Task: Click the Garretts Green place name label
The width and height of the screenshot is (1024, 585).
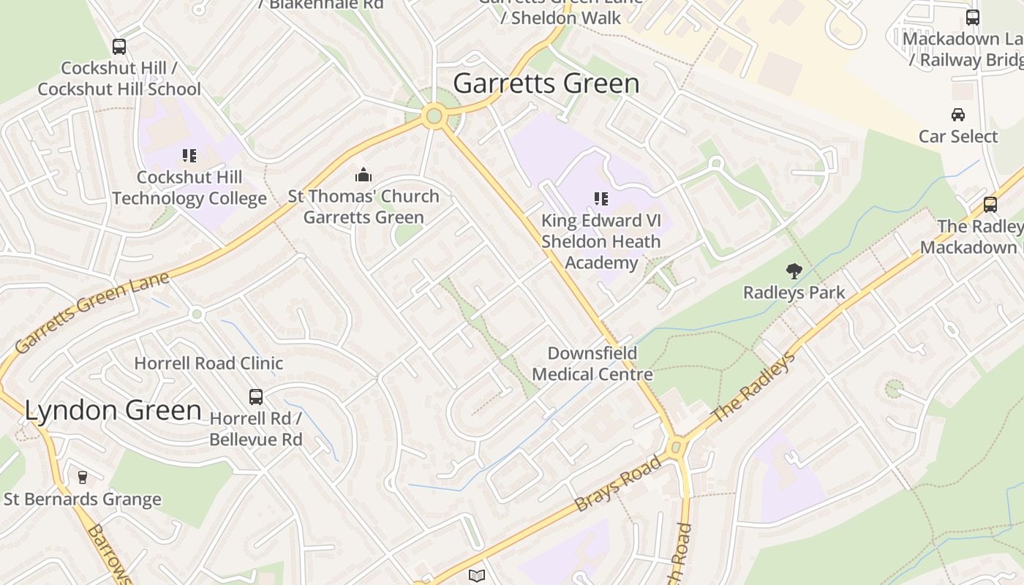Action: (546, 83)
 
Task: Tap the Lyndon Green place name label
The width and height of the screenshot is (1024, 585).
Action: (113, 410)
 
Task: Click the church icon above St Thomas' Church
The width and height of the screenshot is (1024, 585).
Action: (364, 175)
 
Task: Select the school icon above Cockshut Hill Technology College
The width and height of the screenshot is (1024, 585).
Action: (189, 156)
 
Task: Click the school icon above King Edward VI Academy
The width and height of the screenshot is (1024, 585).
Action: (601, 199)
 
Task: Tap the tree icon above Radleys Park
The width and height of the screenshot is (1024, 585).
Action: (794, 271)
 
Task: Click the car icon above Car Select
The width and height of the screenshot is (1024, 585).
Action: (957, 115)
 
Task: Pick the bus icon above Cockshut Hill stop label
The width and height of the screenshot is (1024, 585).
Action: (119, 47)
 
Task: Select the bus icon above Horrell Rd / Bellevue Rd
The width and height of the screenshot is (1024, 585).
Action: (256, 397)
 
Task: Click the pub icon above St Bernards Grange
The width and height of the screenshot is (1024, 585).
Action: (82, 478)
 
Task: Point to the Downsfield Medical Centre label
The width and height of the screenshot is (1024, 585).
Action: (592, 364)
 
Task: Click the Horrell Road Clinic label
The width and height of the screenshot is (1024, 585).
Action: (208, 363)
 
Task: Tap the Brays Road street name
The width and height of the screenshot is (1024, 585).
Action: (618, 484)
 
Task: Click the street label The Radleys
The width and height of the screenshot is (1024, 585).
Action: (753, 388)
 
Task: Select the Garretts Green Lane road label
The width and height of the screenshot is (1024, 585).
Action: (92, 312)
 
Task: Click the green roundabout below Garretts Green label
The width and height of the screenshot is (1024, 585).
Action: (434, 116)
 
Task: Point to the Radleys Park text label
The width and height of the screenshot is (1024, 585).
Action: (794, 292)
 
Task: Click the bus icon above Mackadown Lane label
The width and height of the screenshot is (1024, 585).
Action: (973, 18)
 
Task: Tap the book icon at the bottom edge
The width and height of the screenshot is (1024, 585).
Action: (477, 576)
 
